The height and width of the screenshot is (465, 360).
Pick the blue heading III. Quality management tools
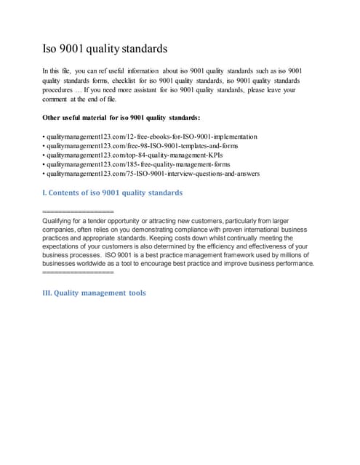(95, 293)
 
